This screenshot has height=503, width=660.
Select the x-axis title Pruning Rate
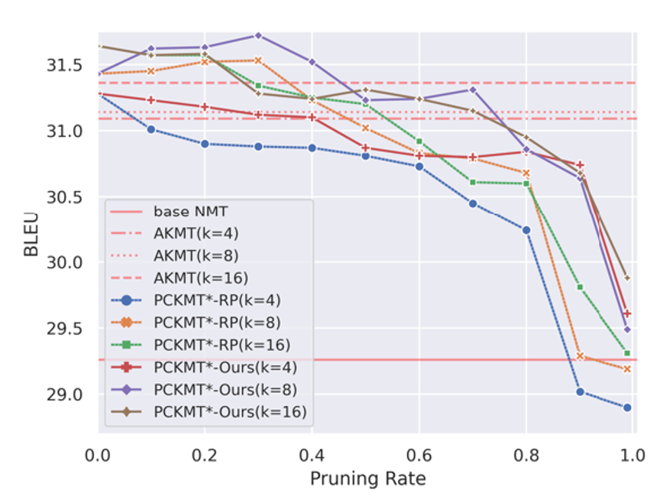coord(367,479)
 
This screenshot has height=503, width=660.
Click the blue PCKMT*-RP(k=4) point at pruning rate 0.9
coord(580,391)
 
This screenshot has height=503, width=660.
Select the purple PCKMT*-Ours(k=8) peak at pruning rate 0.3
coord(258,35)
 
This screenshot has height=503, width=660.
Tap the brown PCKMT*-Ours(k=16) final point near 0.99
coord(628,278)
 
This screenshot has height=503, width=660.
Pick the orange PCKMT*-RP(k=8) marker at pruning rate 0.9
coord(580,356)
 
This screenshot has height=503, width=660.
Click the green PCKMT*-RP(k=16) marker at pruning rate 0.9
coord(580,287)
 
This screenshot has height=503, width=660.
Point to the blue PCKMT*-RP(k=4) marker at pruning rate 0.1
coord(151,129)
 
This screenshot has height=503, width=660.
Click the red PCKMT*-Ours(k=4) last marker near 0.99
coord(628,313)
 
